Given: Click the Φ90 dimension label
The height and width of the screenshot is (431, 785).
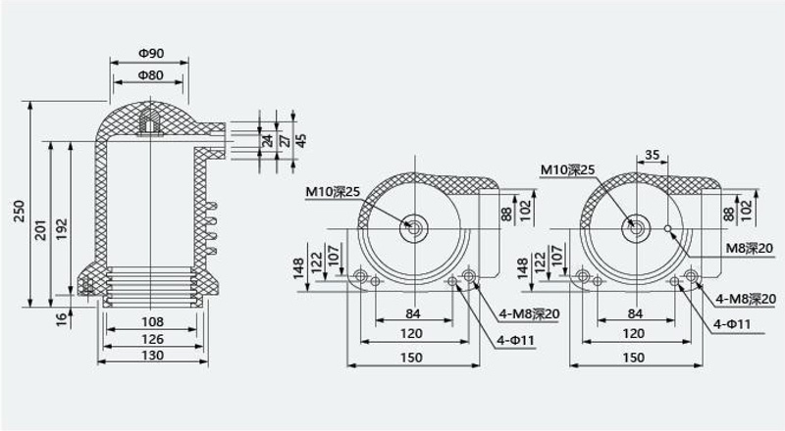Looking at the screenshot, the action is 151,53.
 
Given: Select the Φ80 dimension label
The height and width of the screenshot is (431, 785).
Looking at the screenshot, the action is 151,75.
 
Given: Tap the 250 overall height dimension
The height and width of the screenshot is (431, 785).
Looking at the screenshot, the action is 19,211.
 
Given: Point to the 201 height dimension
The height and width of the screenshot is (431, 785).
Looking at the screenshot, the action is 40,229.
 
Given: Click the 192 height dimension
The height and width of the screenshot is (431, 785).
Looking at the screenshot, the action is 61,228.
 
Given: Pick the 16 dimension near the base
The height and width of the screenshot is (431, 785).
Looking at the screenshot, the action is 61,319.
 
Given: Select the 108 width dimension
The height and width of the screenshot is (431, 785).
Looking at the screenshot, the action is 153,321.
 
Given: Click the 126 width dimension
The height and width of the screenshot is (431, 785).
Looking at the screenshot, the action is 153,339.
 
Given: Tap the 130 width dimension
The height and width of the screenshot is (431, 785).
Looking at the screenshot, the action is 153,355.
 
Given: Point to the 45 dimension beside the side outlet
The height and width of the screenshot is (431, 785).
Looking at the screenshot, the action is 301,140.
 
